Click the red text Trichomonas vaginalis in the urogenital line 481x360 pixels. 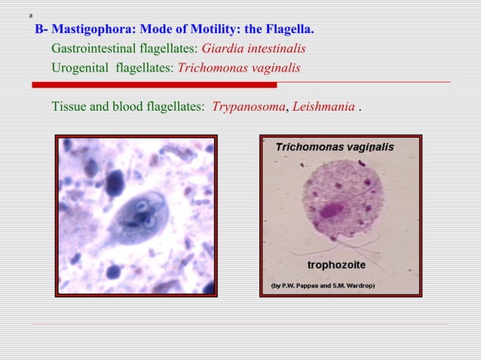pyautogui.click(x=238, y=68)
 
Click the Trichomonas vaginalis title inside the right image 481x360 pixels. pyautogui.click(x=333, y=148)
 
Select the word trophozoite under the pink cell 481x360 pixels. pyautogui.click(x=336, y=265)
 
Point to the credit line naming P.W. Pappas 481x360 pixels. pyautogui.click(x=323, y=286)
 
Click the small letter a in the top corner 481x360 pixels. pyautogui.click(x=30, y=15)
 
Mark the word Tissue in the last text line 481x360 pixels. pyautogui.click(x=69, y=106)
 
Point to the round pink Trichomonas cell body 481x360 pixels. pyautogui.click(x=342, y=203)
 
